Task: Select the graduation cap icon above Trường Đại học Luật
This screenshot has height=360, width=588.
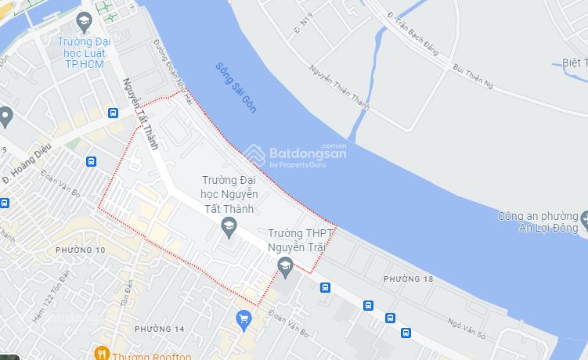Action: [85, 20]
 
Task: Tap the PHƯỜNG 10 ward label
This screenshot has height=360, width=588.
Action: [80, 250]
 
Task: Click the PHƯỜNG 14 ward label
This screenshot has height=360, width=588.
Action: [159, 329]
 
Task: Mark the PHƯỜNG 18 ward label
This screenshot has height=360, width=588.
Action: [408, 279]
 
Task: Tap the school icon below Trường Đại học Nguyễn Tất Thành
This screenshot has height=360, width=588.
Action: [229, 229]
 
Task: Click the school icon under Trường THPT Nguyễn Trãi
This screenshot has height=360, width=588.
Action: [286, 269]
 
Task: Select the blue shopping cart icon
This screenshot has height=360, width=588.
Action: [243, 319]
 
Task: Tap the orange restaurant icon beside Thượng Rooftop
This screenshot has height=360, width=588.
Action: [101, 354]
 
